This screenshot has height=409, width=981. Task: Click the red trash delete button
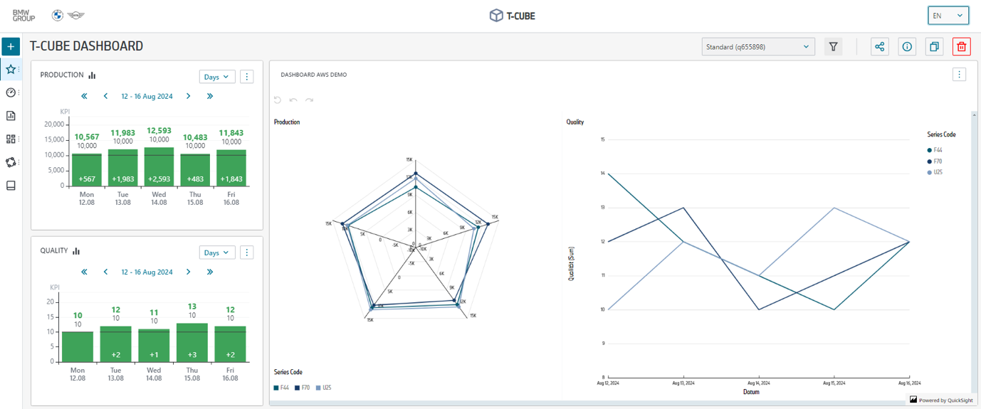962,47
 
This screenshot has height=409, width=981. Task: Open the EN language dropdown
948,16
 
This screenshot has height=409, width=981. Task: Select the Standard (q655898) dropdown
757,47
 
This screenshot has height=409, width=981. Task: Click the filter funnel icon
833,47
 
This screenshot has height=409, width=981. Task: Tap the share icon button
880,47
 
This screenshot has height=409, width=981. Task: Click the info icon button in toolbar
907,47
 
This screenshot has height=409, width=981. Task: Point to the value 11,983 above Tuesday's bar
123,132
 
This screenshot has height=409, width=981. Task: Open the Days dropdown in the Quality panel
217,253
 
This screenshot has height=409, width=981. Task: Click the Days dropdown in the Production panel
217,77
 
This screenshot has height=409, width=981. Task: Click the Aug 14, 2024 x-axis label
758,383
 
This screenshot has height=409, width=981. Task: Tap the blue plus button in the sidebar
11,47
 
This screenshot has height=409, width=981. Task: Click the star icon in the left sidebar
11,70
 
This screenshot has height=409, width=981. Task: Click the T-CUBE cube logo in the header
496,16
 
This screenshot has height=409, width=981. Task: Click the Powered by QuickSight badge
941,400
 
